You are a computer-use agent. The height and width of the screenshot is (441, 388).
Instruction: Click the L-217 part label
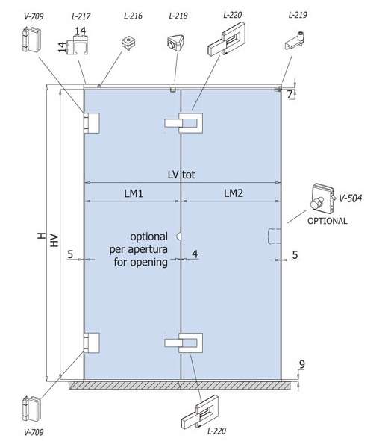81,16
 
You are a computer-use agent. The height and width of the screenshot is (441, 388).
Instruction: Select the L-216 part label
133,16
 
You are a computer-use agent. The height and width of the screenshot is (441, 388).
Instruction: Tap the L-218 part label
178,16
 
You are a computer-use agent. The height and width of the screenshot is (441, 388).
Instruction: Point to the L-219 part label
298,15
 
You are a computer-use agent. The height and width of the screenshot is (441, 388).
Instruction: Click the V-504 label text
351,198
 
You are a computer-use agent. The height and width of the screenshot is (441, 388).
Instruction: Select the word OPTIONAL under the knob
328,221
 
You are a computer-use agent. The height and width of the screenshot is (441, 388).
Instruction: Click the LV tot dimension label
181,175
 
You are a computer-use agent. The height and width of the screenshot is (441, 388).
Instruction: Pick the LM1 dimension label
134,193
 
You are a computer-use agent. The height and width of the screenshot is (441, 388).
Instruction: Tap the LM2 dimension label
234,193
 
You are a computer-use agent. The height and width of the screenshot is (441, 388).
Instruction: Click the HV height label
54,240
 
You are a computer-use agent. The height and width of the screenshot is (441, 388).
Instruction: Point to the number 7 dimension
290,94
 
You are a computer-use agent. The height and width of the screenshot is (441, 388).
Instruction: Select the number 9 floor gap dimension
301,364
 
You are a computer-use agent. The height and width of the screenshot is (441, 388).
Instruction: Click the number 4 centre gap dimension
195,254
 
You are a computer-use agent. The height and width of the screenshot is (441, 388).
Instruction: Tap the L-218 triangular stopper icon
175,43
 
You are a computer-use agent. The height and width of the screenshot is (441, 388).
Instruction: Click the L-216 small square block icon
129,43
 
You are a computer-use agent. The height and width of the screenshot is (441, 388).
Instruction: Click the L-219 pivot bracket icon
295,41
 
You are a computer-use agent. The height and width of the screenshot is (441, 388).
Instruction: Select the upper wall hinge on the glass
92,123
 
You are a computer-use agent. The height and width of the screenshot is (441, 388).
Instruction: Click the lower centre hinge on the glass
184,343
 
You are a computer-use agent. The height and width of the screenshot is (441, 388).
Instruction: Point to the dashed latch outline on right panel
274,237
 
